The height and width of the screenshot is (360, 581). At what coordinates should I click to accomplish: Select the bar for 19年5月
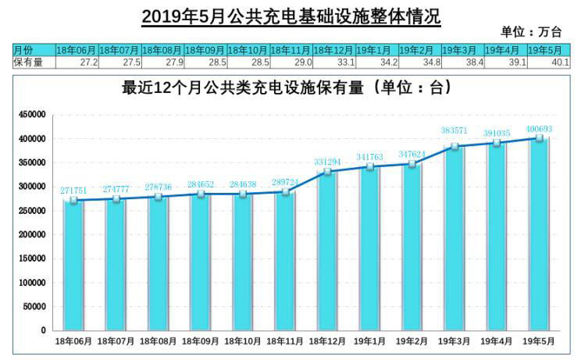[538, 234]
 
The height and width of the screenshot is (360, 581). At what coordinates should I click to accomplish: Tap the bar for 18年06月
[73, 266]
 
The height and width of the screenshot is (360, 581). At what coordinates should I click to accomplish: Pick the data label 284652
[201, 184]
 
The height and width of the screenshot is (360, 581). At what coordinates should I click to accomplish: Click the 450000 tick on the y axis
[32, 115]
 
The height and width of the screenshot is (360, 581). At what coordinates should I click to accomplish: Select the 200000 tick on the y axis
[32, 234]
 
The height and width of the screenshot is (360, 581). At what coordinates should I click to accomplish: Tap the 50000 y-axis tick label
[34, 306]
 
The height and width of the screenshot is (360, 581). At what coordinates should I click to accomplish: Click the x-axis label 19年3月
[454, 341]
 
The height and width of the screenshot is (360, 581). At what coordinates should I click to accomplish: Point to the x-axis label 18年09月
[201, 341]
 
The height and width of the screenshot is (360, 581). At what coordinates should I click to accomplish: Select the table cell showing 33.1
[334, 62]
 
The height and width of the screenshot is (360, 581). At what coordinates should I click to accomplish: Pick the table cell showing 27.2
[77, 62]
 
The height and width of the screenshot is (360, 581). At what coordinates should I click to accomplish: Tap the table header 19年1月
[376, 51]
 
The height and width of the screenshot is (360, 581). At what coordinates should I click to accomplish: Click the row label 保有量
[28, 62]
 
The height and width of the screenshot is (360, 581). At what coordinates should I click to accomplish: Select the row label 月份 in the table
[23, 51]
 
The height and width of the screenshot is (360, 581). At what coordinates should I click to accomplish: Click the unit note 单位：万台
[531, 33]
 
